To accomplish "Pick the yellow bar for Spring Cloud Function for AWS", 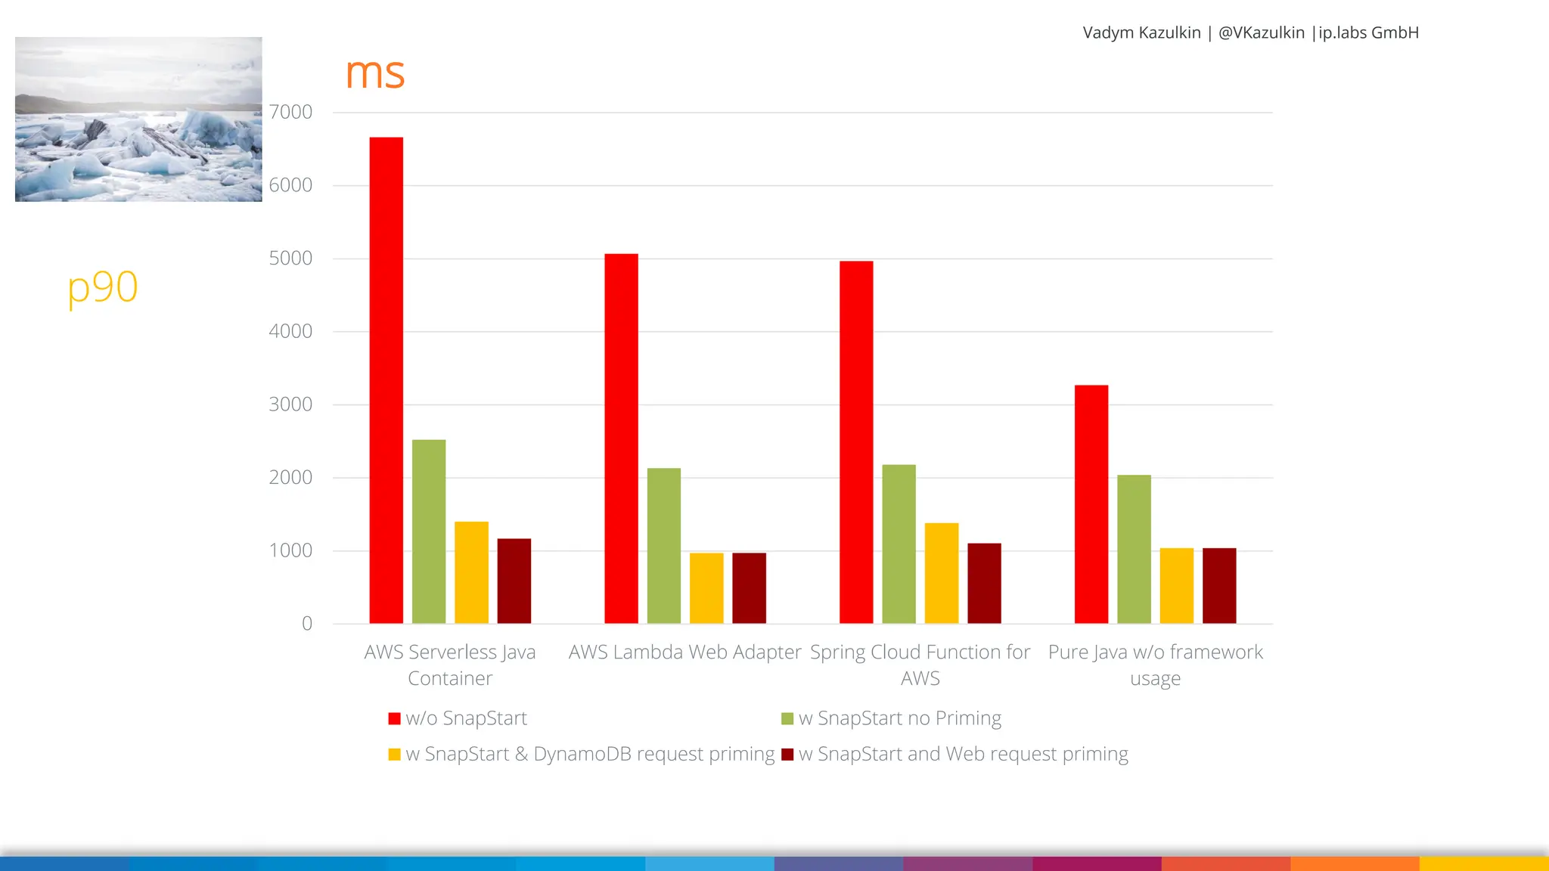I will coord(941,573).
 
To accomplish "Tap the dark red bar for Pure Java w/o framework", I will coord(1218,586).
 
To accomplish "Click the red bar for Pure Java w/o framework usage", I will coord(1091,504).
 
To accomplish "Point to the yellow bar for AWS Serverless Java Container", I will coord(471,572).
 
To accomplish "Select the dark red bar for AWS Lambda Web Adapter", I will coord(749,588).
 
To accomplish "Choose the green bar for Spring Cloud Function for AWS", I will coord(899,544).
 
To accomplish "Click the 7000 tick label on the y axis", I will coord(290,112).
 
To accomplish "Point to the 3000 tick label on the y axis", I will coord(290,405).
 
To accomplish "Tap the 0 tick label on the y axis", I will coord(306,624).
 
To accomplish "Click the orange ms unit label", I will coord(374,73).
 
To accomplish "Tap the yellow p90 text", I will coord(103,287).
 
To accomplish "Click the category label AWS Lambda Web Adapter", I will coord(684,652).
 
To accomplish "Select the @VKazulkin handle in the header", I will coord(1261,33).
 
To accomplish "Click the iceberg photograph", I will coord(138,119).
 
